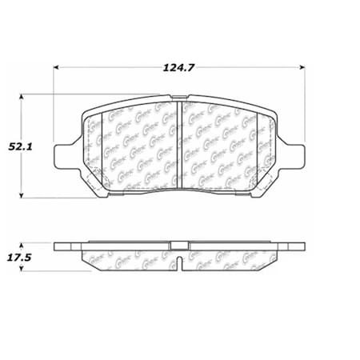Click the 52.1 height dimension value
pyautogui.click(x=20, y=146)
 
